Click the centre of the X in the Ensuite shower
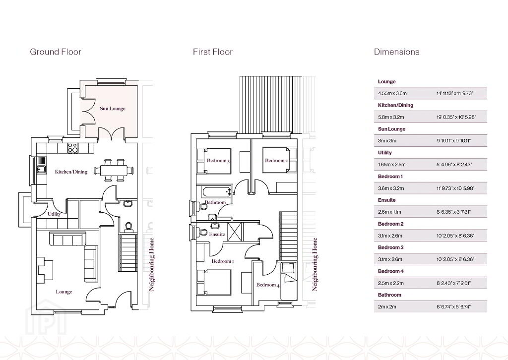(235, 232)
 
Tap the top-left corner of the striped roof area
(240, 76)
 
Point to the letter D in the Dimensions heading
(377, 52)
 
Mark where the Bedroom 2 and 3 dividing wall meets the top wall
(251, 139)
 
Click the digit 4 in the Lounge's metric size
(380, 93)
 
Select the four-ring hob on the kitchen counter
(73, 148)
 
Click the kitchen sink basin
(41, 169)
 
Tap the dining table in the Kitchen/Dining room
(114, 170)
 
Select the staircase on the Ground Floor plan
(129, 253)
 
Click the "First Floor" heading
(213, 52)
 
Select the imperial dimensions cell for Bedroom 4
(454, 283)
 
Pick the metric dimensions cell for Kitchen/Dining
(391, 117)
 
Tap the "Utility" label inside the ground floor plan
(54, 214)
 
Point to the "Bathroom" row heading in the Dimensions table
(389, 295)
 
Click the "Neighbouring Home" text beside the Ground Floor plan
(152, 264)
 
